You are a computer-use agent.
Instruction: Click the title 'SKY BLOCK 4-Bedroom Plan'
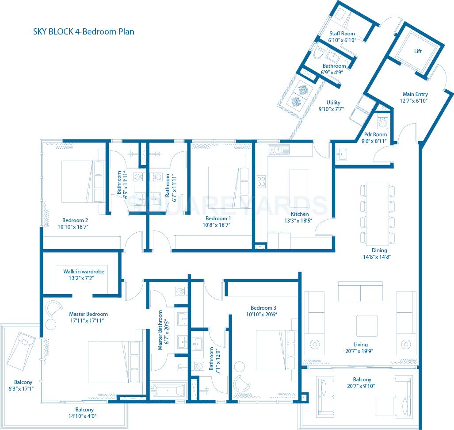point(84,31)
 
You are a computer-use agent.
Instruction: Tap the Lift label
point(418,51)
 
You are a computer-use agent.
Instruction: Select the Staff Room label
point(342,34)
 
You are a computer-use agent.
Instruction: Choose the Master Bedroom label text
point(88,314)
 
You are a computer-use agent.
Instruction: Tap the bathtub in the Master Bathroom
point(168,391)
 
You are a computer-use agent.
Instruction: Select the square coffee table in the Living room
point(367,325)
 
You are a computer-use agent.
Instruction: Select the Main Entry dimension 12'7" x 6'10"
point(415,101)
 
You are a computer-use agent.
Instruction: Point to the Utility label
point(333,103)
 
